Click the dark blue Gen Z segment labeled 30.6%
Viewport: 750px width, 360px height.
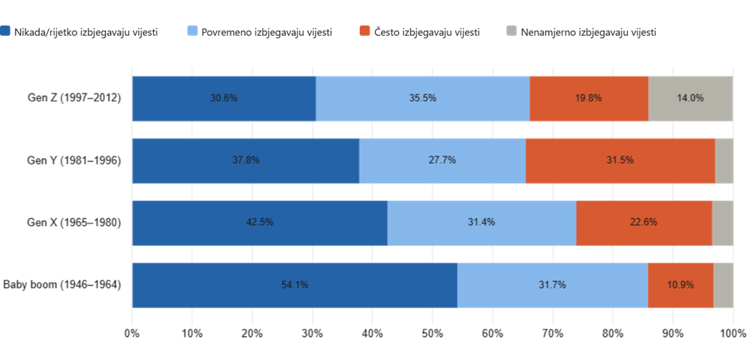224,98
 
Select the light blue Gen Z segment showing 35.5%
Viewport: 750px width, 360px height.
422,98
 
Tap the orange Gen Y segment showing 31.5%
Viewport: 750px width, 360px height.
620,160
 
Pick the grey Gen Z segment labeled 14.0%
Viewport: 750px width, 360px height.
690,98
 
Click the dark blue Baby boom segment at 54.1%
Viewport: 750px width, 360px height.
294,285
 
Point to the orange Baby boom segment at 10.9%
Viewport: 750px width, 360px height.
680,285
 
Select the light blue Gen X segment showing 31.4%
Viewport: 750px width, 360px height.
482,223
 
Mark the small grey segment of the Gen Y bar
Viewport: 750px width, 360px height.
724,160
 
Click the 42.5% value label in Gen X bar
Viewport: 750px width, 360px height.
260,222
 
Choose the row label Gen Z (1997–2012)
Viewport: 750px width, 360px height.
74,98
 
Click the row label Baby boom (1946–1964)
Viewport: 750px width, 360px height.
62,285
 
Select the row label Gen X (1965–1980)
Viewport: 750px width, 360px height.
74,223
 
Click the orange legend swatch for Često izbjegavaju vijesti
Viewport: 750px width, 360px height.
365,32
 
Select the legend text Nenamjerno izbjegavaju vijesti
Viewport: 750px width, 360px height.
588,33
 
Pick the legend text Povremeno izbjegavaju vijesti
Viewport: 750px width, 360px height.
267,33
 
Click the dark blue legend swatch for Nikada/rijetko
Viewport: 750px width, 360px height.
6,32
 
